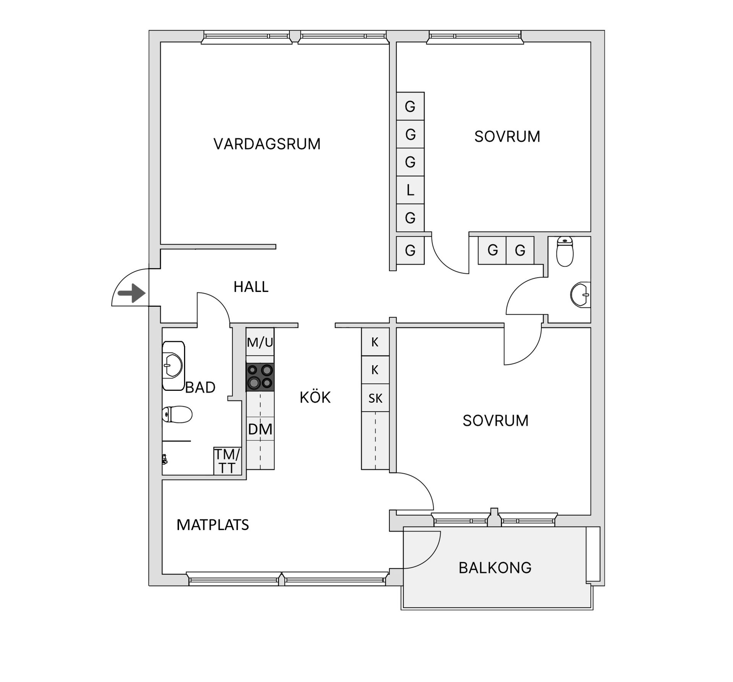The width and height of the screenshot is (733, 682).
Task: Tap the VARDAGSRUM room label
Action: coord(267,144)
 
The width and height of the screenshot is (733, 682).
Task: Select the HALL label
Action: coord(251,287)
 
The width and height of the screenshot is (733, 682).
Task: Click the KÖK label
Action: coord(315,398)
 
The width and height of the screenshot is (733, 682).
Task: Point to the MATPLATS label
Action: coord(213,525)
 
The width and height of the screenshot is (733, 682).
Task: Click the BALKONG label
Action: coord(495,568)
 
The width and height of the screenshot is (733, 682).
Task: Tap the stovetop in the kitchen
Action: coord(260,377)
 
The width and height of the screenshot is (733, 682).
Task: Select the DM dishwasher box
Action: coord(260,429)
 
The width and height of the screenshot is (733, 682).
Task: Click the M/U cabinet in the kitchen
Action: coord(260,342)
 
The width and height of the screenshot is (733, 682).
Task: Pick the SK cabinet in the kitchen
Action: coord(375,398)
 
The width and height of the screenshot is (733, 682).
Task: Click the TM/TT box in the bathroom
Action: coord(227,461)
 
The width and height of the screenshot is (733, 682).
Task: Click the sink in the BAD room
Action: coord(173,365)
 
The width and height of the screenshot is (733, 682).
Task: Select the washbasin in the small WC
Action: coord(581,295)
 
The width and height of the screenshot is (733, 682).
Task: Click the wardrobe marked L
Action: coord(410,190)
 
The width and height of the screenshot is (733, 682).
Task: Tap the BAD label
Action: coord(200,387)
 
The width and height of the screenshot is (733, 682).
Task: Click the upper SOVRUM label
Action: coord(507,136)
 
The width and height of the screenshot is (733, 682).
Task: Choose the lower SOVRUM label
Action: coord(496,421)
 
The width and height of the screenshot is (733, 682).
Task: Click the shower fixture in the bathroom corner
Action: coord(165,459)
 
